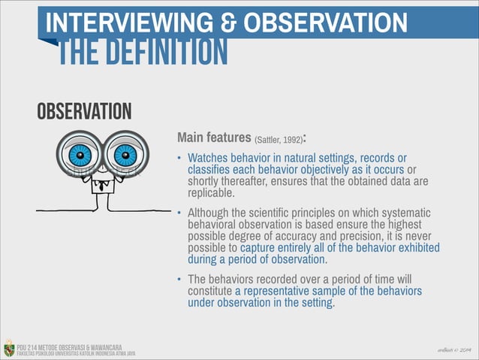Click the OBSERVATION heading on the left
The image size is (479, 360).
pos(84,112)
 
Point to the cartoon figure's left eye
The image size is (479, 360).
pos(79,156)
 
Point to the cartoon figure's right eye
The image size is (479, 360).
pos(125,156)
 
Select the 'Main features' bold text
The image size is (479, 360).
pos(213,138)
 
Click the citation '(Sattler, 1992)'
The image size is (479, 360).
pos(279,140)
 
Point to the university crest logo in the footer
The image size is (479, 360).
pos(8,348)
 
